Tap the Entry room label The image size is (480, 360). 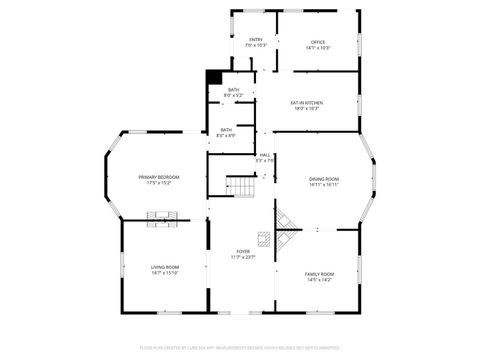256,40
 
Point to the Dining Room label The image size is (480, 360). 323,178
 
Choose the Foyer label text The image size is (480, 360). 243,251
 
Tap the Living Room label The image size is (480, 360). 165,266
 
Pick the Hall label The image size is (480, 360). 265,155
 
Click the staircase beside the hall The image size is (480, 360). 241,186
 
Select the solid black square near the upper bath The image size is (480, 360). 213,77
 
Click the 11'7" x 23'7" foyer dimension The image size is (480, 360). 243,257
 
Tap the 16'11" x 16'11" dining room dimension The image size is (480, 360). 323,184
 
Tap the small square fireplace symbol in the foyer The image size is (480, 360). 263,238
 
